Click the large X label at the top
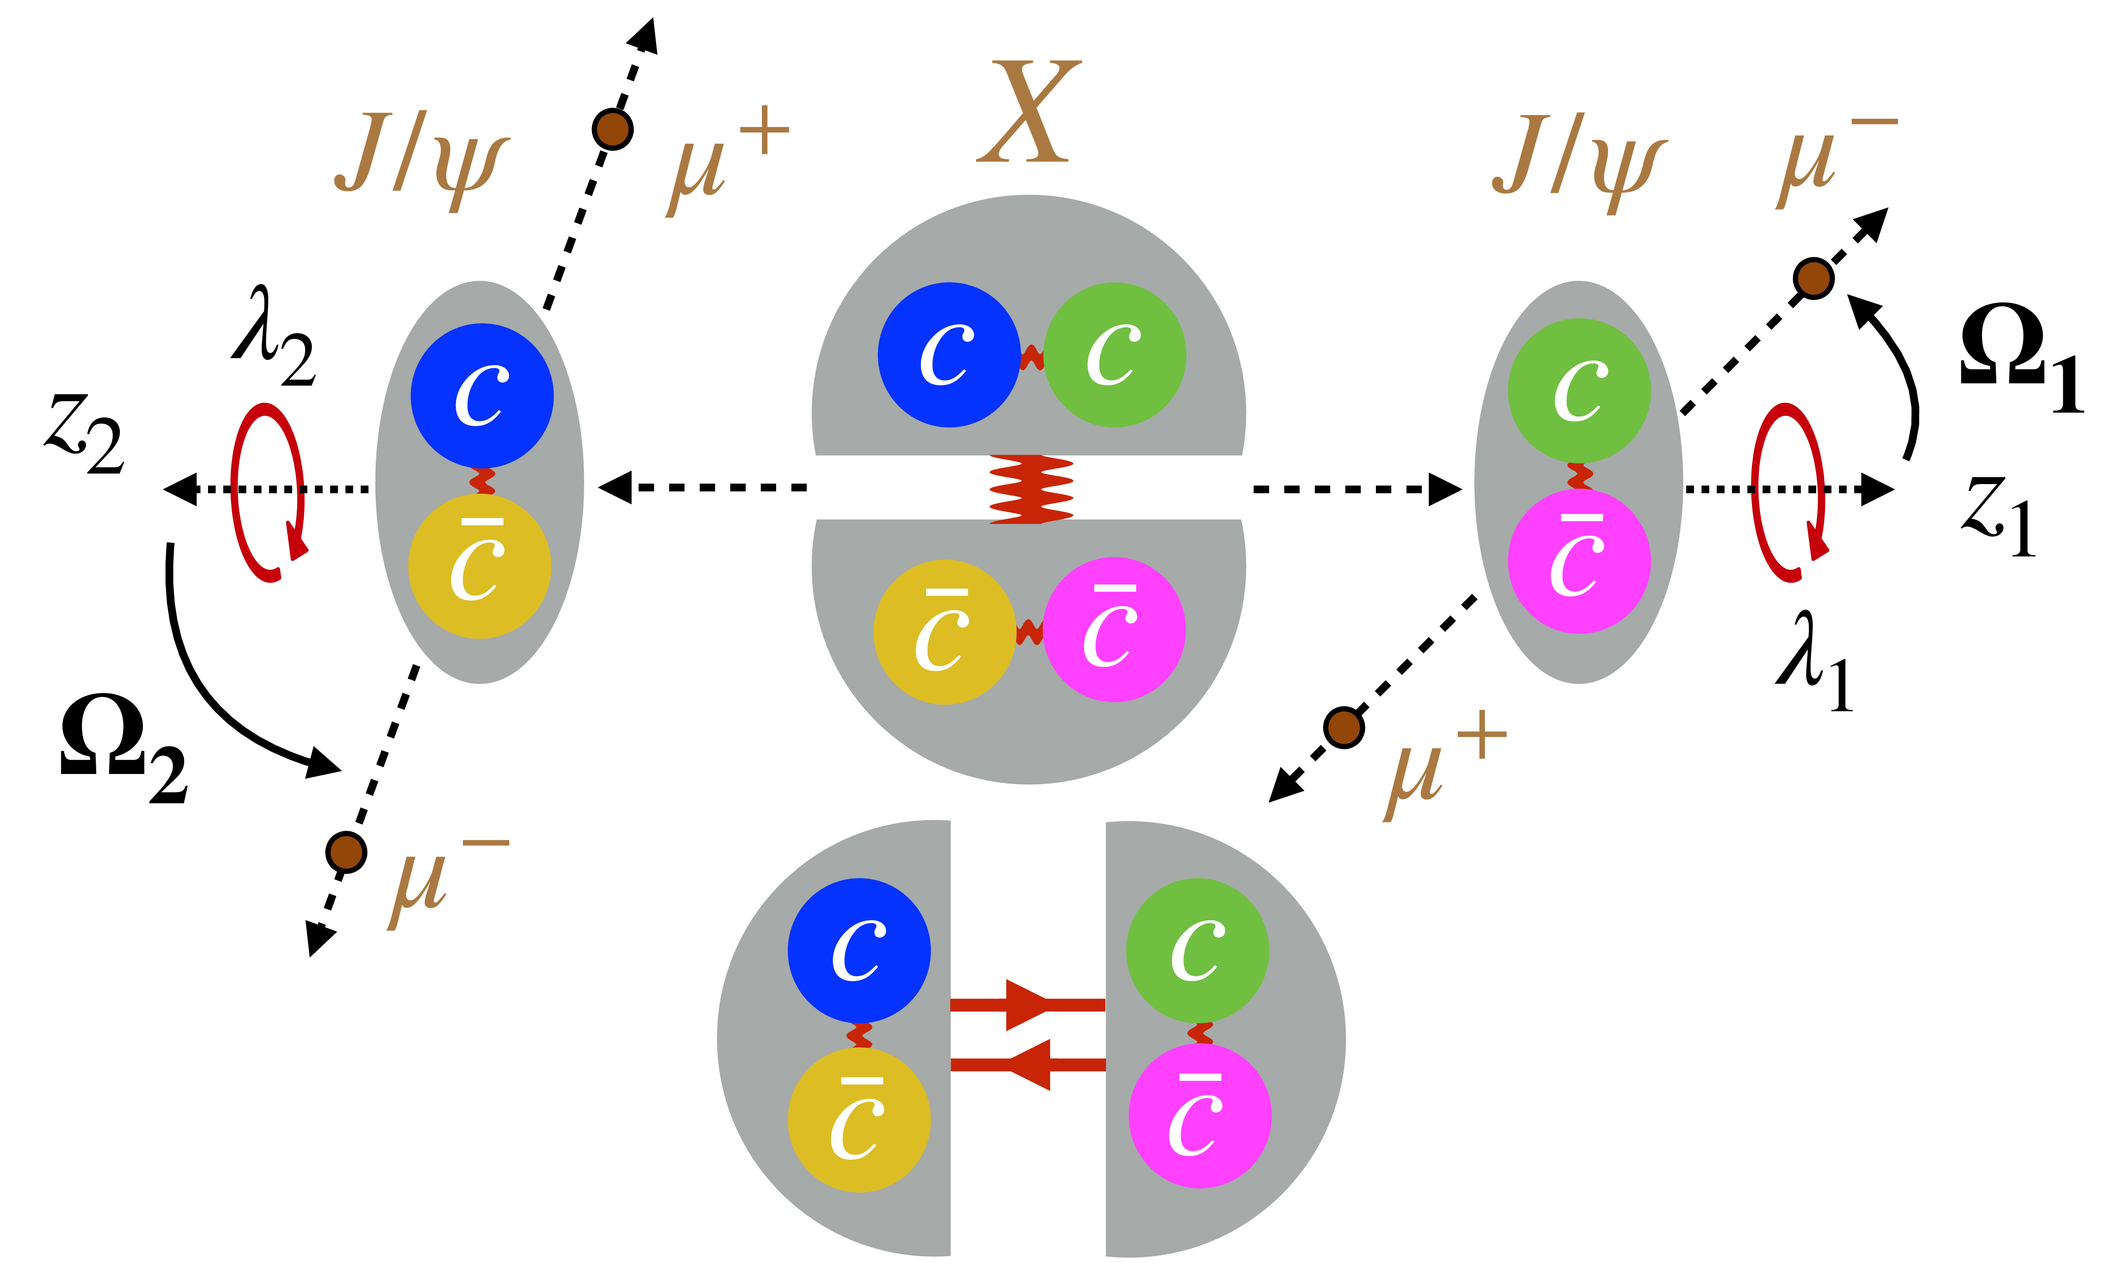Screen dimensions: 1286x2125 click(x=1028, y=112)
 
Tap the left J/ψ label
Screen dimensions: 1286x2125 click(x=422, y=162)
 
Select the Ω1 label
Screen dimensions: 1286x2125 click(x=2018, y=358)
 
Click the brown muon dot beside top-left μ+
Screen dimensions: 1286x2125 click(x=612, y=129)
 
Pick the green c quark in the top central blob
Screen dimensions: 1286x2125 click(x=1114, y=354)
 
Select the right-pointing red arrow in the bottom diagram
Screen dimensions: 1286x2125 click(x=1026, y=1004)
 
